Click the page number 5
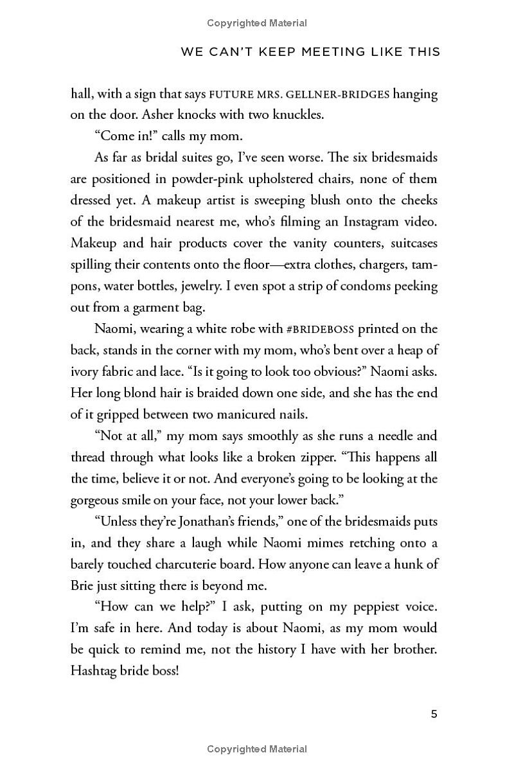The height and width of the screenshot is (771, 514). click(x=434, y=714)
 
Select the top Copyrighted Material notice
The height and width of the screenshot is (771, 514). click(x=257, y=23)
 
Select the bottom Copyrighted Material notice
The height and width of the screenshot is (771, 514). click(x=257, y=749)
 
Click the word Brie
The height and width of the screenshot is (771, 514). click(x=84, y=585)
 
